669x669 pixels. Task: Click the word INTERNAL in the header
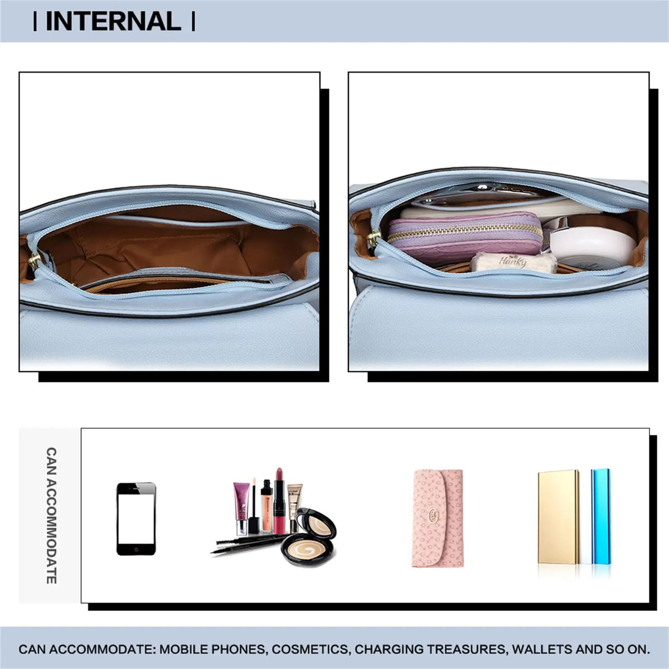pyautogui.click(x=113, y=21)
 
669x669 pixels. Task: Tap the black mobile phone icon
pyautogui.click(x=136, y=518)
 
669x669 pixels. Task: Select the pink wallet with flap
pyautogui.click(x=438, y=518)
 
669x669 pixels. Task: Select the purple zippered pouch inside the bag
pyautogui.click(x=464, y=239)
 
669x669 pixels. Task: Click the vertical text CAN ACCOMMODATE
pyautogui.click(x=51, y=516)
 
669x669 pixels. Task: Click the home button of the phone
pyautogui.click(x=136, y=550)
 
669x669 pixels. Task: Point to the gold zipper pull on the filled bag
pyautogui.click(x=374, y=239)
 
